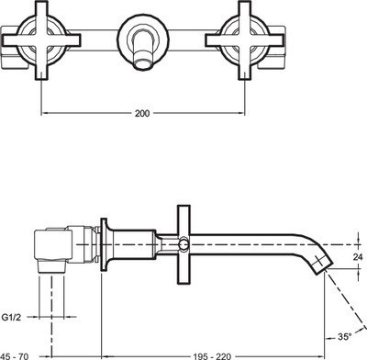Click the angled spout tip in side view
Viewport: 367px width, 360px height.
(320, 266)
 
